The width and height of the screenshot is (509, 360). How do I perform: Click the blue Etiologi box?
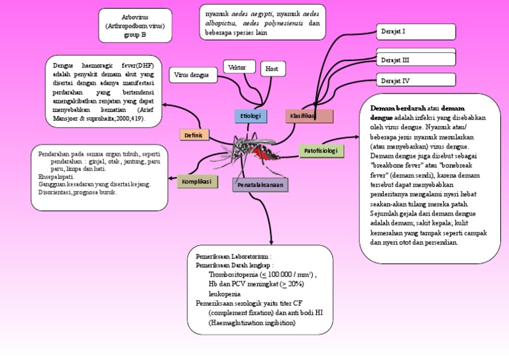pyautogui.click(x=250, y=116)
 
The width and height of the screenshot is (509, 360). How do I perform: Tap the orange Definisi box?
pyautogui.click(x=194, y=135)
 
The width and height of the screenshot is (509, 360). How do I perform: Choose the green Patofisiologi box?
pyautogui.click(x=321, y=151)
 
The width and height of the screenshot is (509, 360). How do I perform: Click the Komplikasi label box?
pyautogui.click(x=197, y=181)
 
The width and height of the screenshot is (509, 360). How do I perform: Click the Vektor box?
pyautogui.click(x=239, y=68)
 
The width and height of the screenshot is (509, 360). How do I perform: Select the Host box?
pyautogui.click(x=272, y=69)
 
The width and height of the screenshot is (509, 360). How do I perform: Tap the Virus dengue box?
pyautogui.click(x=193, y=75)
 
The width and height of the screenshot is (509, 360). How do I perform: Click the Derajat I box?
pyautogui.click(x=416, y=31)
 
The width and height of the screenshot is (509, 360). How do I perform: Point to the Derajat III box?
pyautogui.click(x=416, y=60)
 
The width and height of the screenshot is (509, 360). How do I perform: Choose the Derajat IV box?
pyautogui.click(x=416, y=81)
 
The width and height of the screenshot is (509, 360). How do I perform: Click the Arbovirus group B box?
pyautogui.click(x=135, y=25)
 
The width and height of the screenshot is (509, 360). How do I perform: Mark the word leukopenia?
pyautogui.click(x=225, y=293)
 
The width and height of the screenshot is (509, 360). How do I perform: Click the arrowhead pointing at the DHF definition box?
pyautogui.click(x=165, y=104)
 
